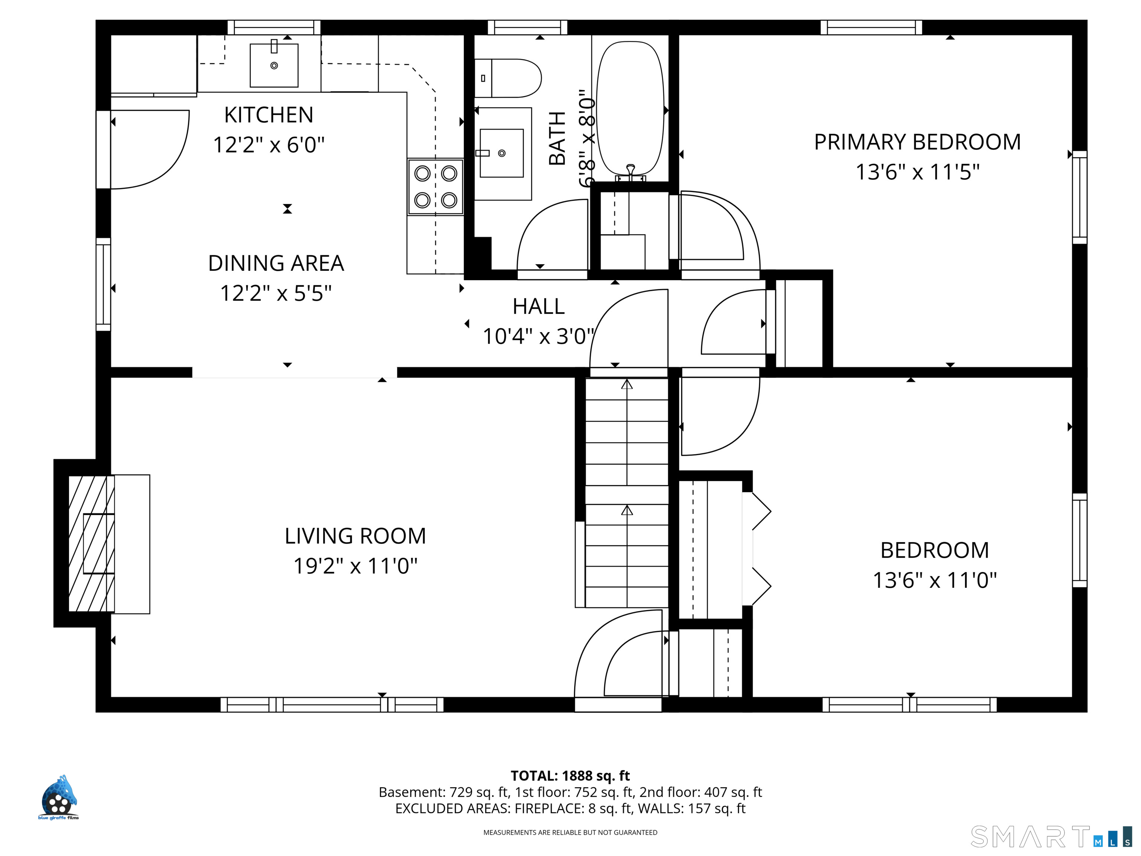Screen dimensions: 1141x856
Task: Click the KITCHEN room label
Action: pos(269,114)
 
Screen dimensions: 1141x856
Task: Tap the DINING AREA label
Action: pos(276,263)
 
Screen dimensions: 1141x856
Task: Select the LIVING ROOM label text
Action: pos(355,536)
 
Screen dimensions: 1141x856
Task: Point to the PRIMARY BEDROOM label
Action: pos(917,142)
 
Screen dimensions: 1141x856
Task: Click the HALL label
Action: pos(539,307)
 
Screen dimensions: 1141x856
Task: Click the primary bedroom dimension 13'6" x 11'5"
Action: pos(917,172)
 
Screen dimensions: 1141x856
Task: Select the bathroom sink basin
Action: pos(501,153)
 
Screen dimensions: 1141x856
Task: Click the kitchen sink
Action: pos(274,65)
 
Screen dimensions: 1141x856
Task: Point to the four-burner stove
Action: pos(435,187)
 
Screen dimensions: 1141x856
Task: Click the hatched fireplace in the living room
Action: pos(91,543)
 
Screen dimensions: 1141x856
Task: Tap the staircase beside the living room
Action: pos(627,493)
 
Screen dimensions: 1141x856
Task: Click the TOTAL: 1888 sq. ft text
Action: pos(570,775)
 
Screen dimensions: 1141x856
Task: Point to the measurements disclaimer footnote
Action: pos(570,832)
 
